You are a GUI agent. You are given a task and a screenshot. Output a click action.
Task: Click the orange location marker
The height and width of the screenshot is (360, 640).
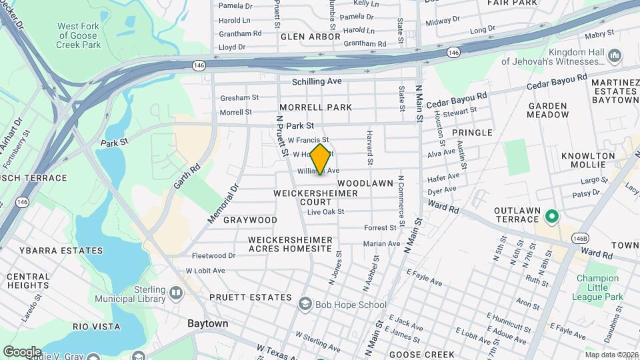coord(321,159)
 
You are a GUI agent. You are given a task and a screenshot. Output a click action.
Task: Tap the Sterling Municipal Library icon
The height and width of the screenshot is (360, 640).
coord(176,292)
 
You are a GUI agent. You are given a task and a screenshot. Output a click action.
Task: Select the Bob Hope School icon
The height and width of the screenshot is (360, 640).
coord(306,305)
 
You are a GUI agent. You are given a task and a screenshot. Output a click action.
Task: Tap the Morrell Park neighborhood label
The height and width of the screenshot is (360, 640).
coord(315,107)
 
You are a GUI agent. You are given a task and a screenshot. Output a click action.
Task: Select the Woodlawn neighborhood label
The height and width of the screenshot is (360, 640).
coord(366,182)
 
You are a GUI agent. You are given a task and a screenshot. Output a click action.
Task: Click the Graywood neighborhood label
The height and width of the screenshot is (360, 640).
coord(250,220)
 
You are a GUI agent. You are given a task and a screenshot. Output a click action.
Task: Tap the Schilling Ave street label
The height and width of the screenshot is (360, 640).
coord(317,81)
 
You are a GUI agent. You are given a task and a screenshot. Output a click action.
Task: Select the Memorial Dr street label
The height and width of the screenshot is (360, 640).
coord(223,204)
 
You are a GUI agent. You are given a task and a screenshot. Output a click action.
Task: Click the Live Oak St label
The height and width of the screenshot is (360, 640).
coord(325,212)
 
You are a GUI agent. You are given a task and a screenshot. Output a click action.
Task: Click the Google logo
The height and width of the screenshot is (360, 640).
coord(21,351)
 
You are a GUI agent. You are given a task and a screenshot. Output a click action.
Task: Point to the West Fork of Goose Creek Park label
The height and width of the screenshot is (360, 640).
coord(79,35)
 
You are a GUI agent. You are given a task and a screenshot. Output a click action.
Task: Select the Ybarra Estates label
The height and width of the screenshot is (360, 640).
coord(70,251)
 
